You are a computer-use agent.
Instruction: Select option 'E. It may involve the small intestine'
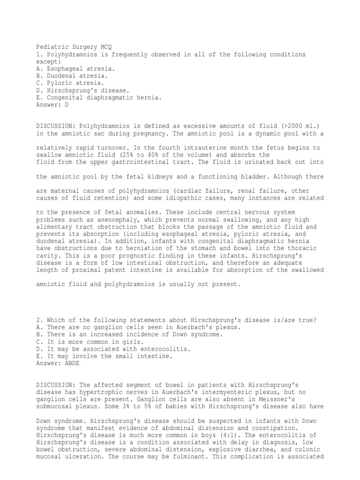(x=104, y=356)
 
